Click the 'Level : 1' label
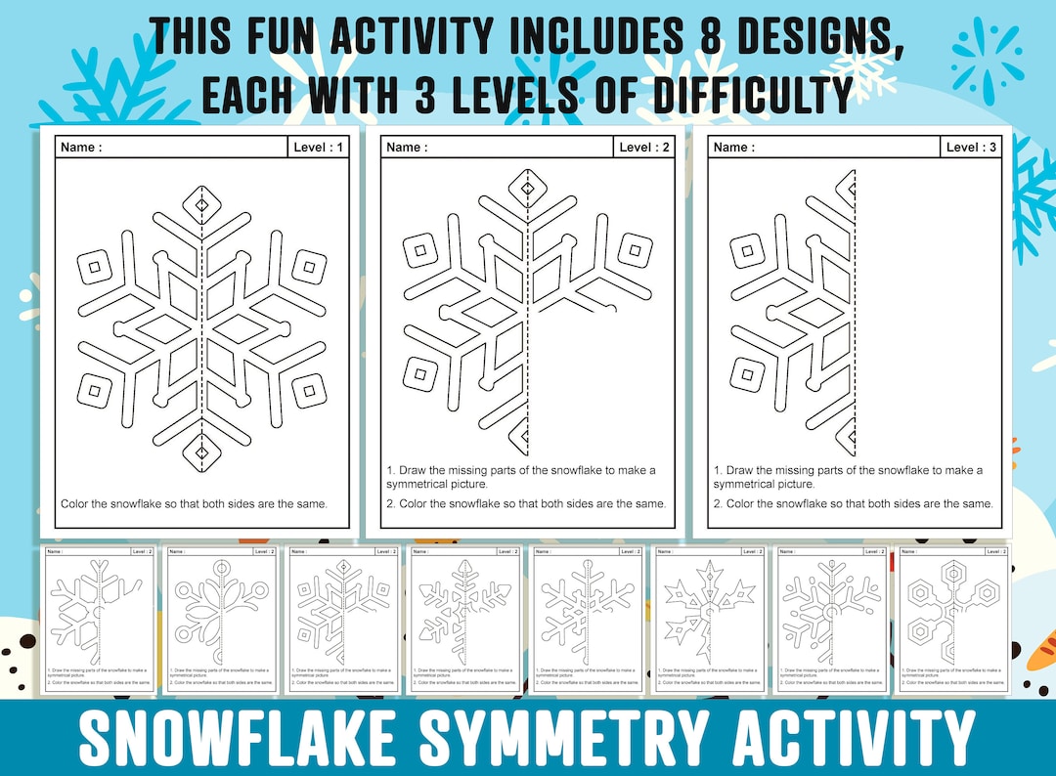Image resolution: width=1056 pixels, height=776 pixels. pos(319,148)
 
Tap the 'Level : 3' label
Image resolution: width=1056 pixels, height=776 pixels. pos(972,148)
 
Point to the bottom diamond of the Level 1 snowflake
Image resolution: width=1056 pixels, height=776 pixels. pos(202,453)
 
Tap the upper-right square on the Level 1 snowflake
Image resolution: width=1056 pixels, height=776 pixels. pos(310,265)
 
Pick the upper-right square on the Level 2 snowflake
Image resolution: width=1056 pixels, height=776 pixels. pos(636,250)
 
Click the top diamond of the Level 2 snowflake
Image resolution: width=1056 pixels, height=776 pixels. pos(528,188)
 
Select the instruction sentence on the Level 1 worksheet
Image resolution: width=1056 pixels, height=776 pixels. pos(194,504)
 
